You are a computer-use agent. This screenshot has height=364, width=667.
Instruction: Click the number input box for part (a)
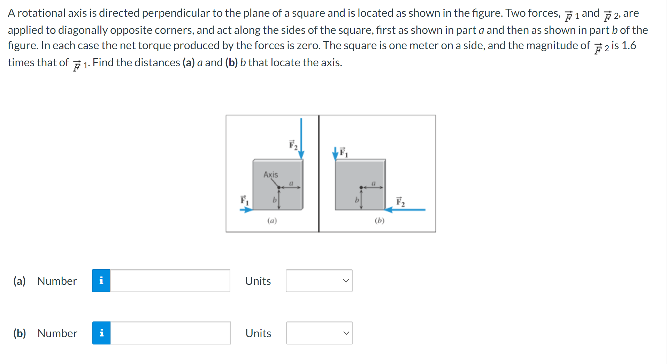pos(170,281)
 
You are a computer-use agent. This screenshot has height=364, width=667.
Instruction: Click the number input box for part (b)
pos(170,333)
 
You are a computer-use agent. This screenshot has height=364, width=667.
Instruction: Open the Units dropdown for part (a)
pos(319,281)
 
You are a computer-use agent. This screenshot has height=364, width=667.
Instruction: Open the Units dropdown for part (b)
pos(319,333)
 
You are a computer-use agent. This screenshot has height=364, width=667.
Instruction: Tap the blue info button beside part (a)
pos(101,281)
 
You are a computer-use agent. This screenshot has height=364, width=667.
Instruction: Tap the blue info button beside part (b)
pos(101,333)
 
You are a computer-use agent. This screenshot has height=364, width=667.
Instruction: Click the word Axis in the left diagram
pos(270,174)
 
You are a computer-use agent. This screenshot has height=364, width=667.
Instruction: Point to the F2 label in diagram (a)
pos(293,145)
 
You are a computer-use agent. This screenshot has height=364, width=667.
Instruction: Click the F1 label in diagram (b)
pos(344,152)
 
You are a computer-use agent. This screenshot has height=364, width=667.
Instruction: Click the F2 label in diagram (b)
pos(400,202)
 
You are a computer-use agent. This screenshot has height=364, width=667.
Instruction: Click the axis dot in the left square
pos(279,188)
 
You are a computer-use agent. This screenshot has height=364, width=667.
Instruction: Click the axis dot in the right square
pos(361,188)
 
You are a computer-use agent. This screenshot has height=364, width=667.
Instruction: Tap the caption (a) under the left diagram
pos(272,221)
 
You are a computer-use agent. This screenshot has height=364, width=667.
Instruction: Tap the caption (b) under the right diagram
pos(379,221)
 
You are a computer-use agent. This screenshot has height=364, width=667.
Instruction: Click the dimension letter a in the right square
pos(373,183)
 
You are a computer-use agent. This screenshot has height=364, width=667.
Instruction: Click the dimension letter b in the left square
pos(274,200)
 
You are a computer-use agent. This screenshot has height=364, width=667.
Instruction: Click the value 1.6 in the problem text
pos(629,46)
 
